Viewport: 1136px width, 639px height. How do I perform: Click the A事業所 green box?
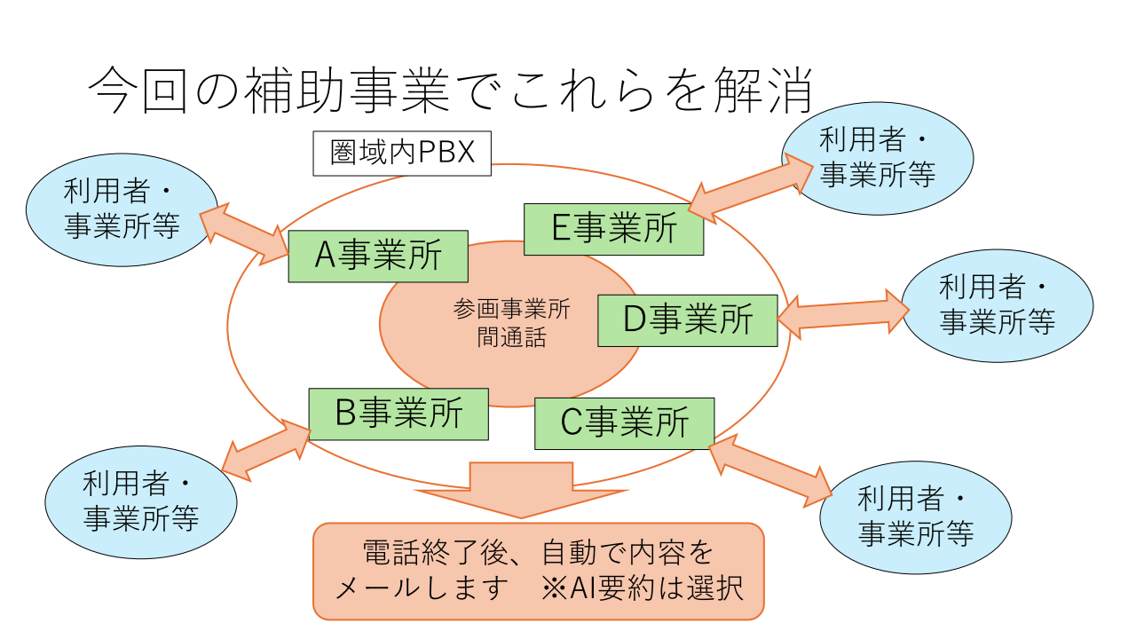[378, 256]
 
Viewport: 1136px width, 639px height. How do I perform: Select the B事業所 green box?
[398, 414]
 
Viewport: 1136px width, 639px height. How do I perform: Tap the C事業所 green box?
[625, 423]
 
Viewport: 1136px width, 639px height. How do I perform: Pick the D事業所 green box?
[688, 320]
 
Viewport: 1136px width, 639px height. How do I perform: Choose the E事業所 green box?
[613, 229]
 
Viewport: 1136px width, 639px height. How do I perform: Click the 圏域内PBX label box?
[402, 154]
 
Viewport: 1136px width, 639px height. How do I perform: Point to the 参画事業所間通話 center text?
[511, 323]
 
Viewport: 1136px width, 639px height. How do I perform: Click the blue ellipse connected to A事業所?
[122, 210]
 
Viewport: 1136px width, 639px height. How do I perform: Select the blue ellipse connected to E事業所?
[877, 158]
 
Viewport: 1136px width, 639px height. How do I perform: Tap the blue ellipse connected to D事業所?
[998, 305]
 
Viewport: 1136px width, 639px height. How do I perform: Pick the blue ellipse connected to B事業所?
[141, 501]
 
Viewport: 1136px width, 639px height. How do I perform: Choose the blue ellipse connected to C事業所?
[915, 517]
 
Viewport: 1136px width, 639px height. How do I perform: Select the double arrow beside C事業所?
[770, 465]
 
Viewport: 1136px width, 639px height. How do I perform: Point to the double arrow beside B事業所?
[265, 450]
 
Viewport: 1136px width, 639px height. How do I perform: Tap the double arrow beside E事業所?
[751, 189]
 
